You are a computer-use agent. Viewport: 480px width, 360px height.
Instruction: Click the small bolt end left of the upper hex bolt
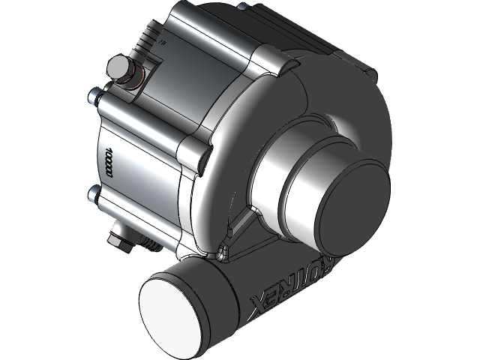tap(94, 94)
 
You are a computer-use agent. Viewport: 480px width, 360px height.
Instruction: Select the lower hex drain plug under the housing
tap(118, 238)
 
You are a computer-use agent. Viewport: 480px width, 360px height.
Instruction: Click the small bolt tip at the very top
tap(241, 6)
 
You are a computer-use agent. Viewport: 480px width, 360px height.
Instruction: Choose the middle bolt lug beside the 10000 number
tap(196, 154)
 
